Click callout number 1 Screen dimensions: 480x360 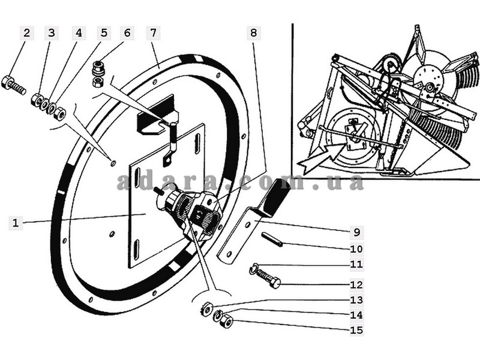16,223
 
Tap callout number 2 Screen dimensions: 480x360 26,33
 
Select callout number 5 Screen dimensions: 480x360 104,33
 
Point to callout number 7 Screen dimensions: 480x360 153,33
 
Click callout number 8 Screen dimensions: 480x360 253,33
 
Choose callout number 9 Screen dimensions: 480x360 356,232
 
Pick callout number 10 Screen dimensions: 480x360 356,248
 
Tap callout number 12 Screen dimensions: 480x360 356,285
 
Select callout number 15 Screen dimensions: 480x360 356,331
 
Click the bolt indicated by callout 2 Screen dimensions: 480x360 13,86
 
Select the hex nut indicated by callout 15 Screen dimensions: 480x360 227,320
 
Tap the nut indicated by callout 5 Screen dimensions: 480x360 59,113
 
